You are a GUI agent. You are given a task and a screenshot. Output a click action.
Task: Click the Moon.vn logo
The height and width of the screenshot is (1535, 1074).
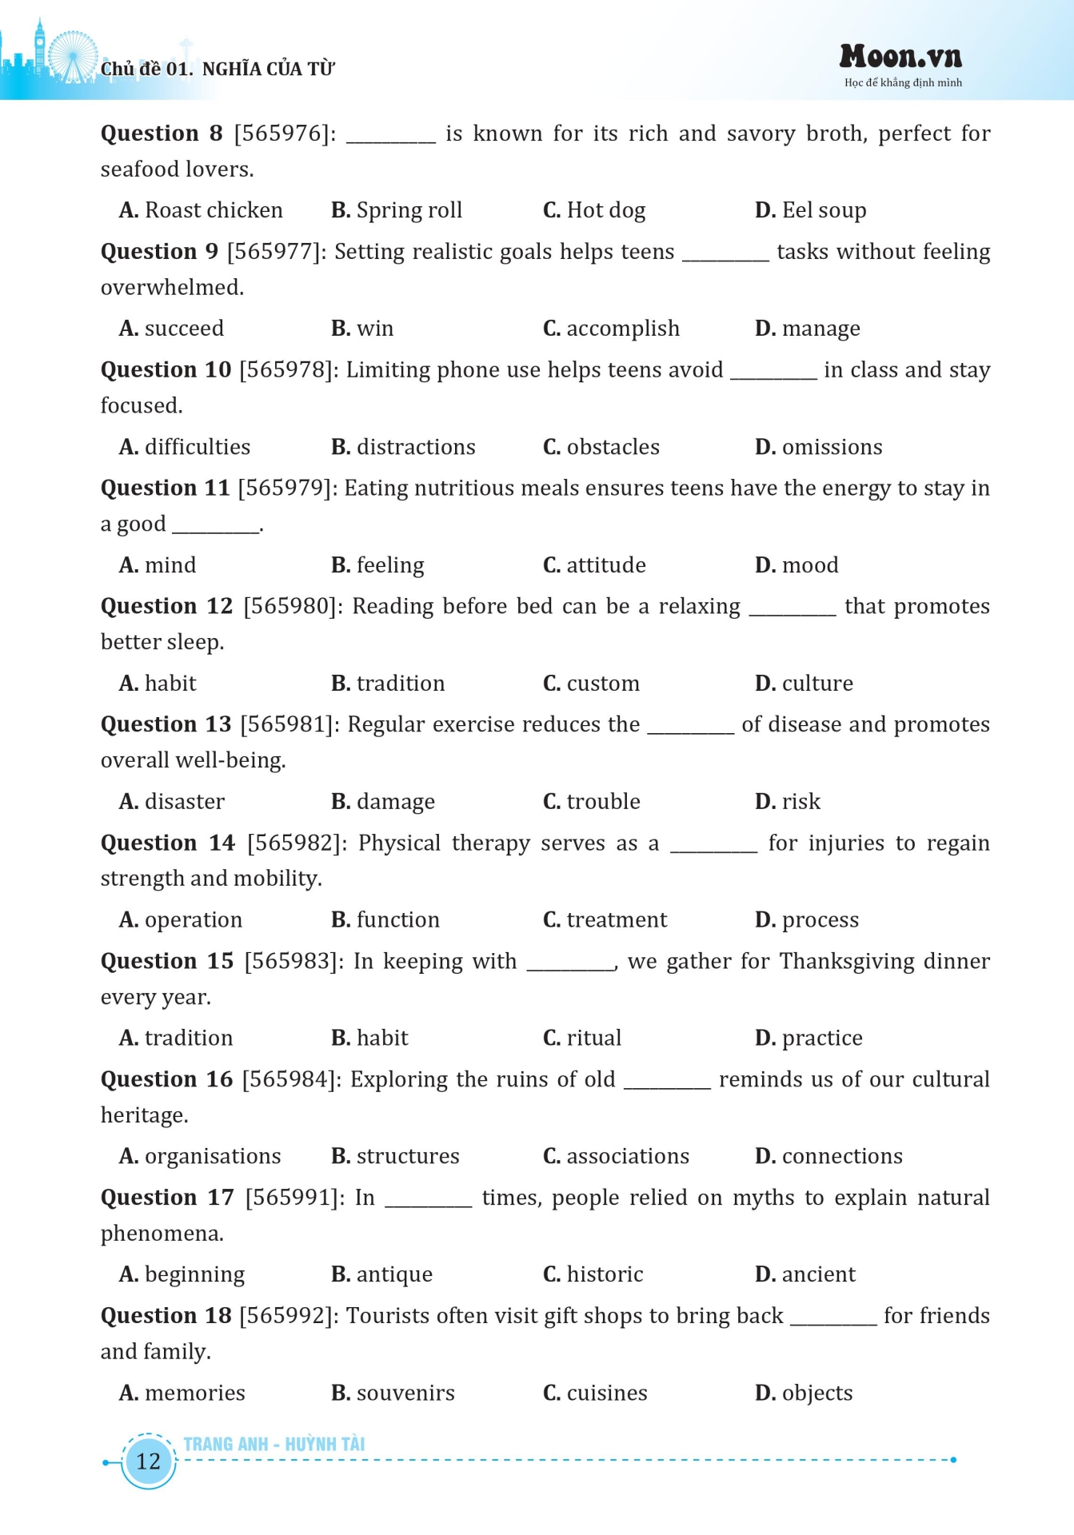[900, 58]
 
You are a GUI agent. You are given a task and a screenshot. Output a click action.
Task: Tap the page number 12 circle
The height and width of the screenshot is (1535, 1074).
[148, 1461]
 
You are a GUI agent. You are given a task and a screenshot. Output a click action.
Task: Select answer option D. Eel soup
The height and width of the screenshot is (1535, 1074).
[810, 210]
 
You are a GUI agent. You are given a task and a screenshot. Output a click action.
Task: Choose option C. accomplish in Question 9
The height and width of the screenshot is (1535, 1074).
[611, 329]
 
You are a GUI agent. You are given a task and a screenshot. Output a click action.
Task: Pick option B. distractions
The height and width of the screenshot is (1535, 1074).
[403, 447]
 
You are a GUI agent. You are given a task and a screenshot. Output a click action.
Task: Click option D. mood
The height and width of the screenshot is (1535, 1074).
[797, 565]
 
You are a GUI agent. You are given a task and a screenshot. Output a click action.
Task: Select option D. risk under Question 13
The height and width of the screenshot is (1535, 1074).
[788, 802]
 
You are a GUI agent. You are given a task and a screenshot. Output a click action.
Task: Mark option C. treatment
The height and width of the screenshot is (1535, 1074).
[605, 920]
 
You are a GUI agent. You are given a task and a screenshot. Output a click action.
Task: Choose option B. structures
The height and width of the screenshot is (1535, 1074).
[395, 1157]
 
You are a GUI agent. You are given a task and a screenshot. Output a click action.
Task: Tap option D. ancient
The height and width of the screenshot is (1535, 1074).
[805, 1274]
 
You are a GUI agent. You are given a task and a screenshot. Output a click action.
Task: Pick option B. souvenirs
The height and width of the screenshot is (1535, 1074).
[393, 1393]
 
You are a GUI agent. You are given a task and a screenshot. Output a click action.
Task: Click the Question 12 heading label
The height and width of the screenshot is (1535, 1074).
[166, 607]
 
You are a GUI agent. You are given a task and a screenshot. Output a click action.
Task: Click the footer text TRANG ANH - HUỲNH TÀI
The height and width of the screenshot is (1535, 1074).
[274, 1444]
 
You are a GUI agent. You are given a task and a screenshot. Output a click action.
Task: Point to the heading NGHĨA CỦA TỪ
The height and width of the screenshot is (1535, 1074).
[269, 70]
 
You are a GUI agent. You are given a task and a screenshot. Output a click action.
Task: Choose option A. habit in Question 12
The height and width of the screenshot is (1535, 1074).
[158, 684]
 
